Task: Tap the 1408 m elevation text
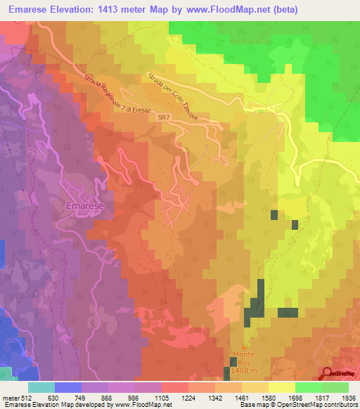pyautogui.click(x=247, y=370)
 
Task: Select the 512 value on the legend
pyautogui.click(x=21, y=398)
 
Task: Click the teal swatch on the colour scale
pyautogui.click(x=41, y=387)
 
